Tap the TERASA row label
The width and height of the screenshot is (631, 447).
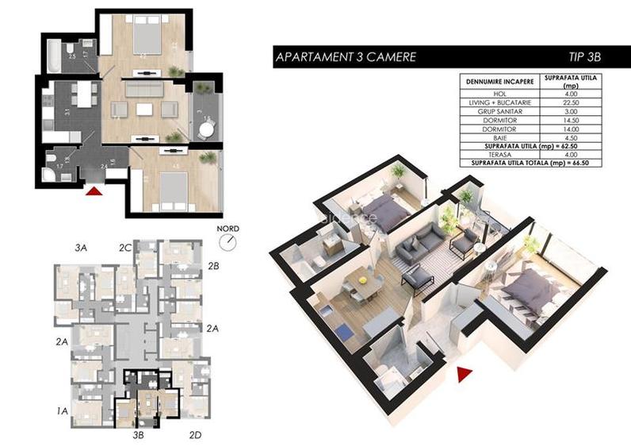click(x=499, y=156)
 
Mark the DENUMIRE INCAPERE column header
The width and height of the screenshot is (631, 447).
click(x=499, y=81)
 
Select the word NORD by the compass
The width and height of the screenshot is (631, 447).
click(x=228, y=224)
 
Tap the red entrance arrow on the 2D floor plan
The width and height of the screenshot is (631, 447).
click(x=94, y=191)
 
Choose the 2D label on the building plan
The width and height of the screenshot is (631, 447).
click(x=196, y=434)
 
